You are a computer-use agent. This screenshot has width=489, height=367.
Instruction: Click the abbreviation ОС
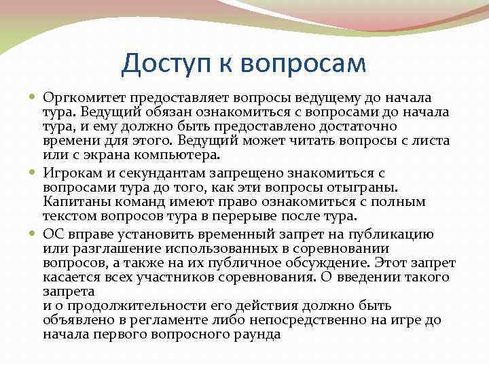(54, 232)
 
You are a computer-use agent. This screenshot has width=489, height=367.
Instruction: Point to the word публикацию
(394, 232)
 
